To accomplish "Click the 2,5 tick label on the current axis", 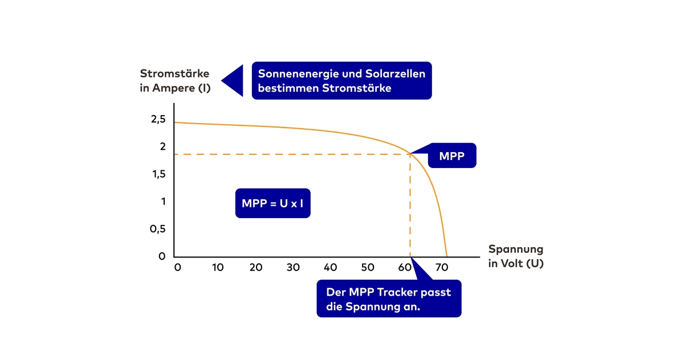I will pyautogui.click(x=158, y=120).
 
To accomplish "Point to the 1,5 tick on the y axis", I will pyautogui.click(x=158, y=174).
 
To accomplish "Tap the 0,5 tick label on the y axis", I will pyautogui.click(x=158, y=229).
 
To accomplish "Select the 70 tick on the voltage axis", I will pyautogui.click(x=442, y=267).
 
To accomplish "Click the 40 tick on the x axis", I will pyautogui.click(x=330, y=267).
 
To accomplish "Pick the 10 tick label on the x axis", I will pyautogui.click(x=218, y=267).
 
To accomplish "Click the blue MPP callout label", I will pyautogui.click(x=451, y=156).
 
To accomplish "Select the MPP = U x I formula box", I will pyautogui.click(x=272, y=203).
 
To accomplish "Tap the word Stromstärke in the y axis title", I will pyautogui.click(x=174, y=74).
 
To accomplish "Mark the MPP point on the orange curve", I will pyautogui.click(x=410, y=154).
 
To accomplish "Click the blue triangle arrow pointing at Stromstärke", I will pyautogui.click(x=233, y=80).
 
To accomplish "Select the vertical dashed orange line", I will pyautogui.click(x=410, y=205).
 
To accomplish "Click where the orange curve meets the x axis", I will pyautogui.click(x=447, y=256).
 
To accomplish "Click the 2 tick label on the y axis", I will pyautogui.click(x=162, y=147).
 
